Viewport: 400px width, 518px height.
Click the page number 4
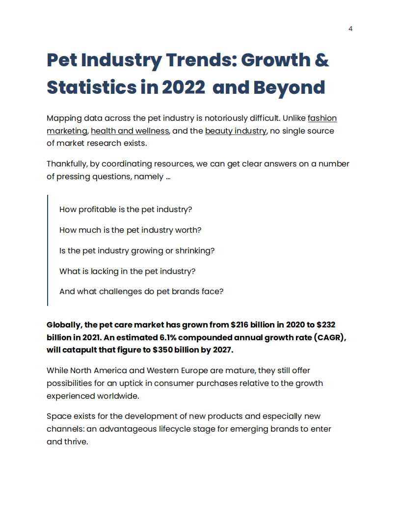[x=350, y=28]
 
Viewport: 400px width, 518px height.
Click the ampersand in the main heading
[x=320, y=60]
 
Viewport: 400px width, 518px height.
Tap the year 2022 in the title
[x=183, y=87]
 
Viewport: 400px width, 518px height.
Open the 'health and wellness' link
[x=130, y=131]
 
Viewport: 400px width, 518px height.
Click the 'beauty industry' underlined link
[x=236, y=131]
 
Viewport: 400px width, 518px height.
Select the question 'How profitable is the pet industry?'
[x=126, y=209]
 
